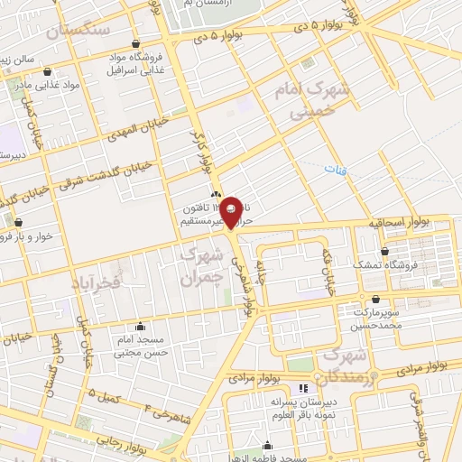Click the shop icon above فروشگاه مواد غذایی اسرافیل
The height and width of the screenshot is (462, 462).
pos(135,43)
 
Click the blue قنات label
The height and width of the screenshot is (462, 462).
pos(336,167)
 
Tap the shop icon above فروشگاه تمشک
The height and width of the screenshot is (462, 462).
pos(385,252)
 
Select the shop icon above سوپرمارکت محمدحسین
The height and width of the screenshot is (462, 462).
pos(374,300)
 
